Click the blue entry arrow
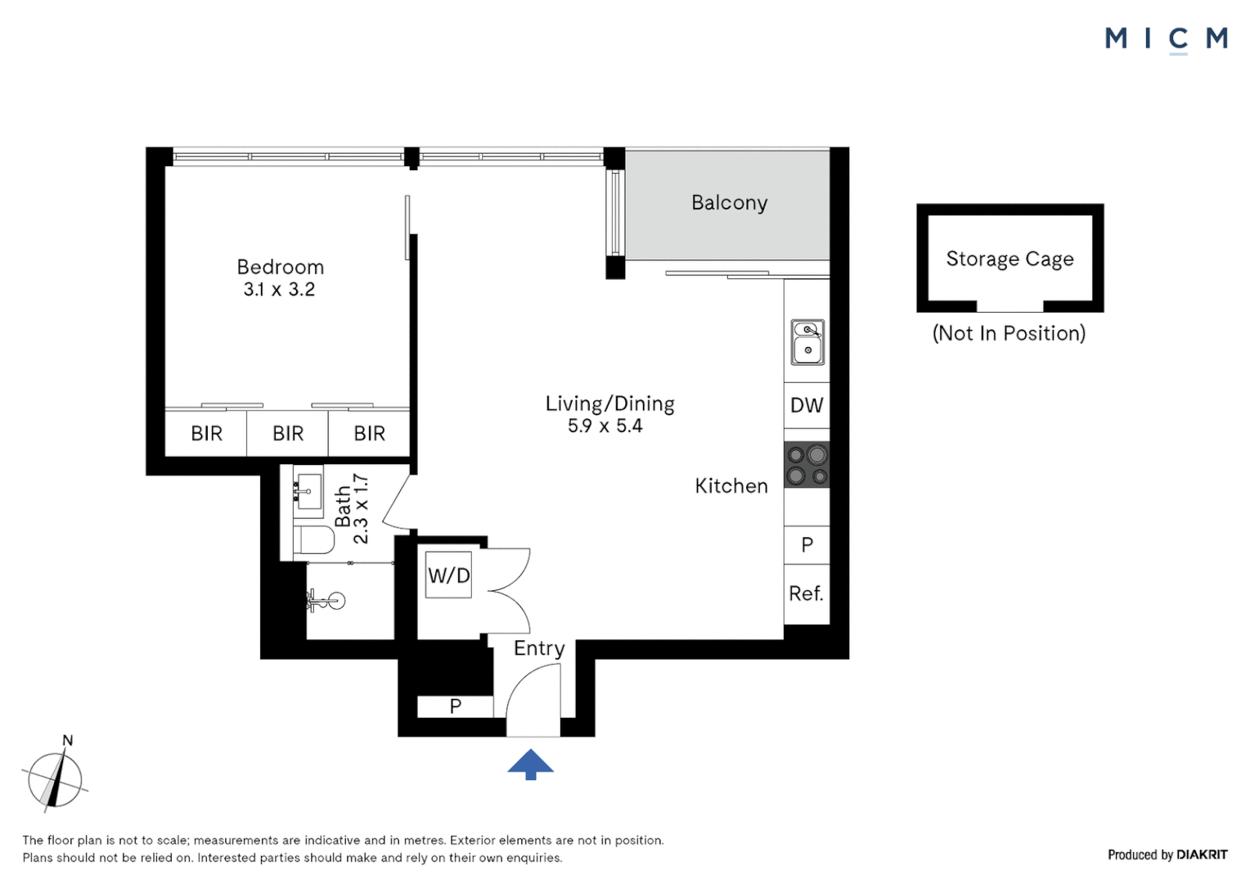[530, 764]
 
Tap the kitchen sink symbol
[807, 342]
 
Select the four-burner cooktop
[807, 465]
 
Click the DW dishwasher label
[807, 405]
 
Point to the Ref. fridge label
[807, 593]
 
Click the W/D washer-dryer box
[448, 575]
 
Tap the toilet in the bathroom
[313, 539]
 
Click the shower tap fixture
[326, 601]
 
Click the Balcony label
[730, 203]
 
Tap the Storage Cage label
[1010, 259]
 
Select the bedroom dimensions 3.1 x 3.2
[279, 289]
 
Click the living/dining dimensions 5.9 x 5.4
[605, 426]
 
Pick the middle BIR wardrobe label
[288, 433]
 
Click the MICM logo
[1167, 39]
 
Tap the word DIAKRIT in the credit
[1202, 855]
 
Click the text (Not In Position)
[1009, 333]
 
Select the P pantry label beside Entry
[456, 706]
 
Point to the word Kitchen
[731, 486]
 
